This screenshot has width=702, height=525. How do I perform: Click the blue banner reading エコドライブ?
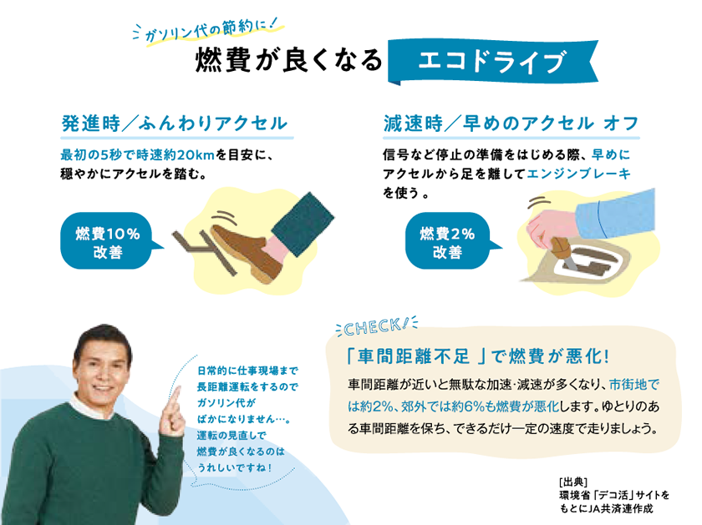492,62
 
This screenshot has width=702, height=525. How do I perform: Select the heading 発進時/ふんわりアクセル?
175,124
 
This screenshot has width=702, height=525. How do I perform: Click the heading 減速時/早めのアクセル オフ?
511,124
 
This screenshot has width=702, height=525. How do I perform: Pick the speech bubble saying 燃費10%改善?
109,241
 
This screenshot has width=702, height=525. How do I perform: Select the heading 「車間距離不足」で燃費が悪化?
478,356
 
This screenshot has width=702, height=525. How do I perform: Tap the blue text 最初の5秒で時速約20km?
137,155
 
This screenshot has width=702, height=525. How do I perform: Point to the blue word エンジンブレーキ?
579,174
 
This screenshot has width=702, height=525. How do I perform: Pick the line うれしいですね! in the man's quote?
234,467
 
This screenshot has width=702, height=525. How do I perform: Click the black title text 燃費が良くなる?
288,60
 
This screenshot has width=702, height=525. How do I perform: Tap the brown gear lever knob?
561,246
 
